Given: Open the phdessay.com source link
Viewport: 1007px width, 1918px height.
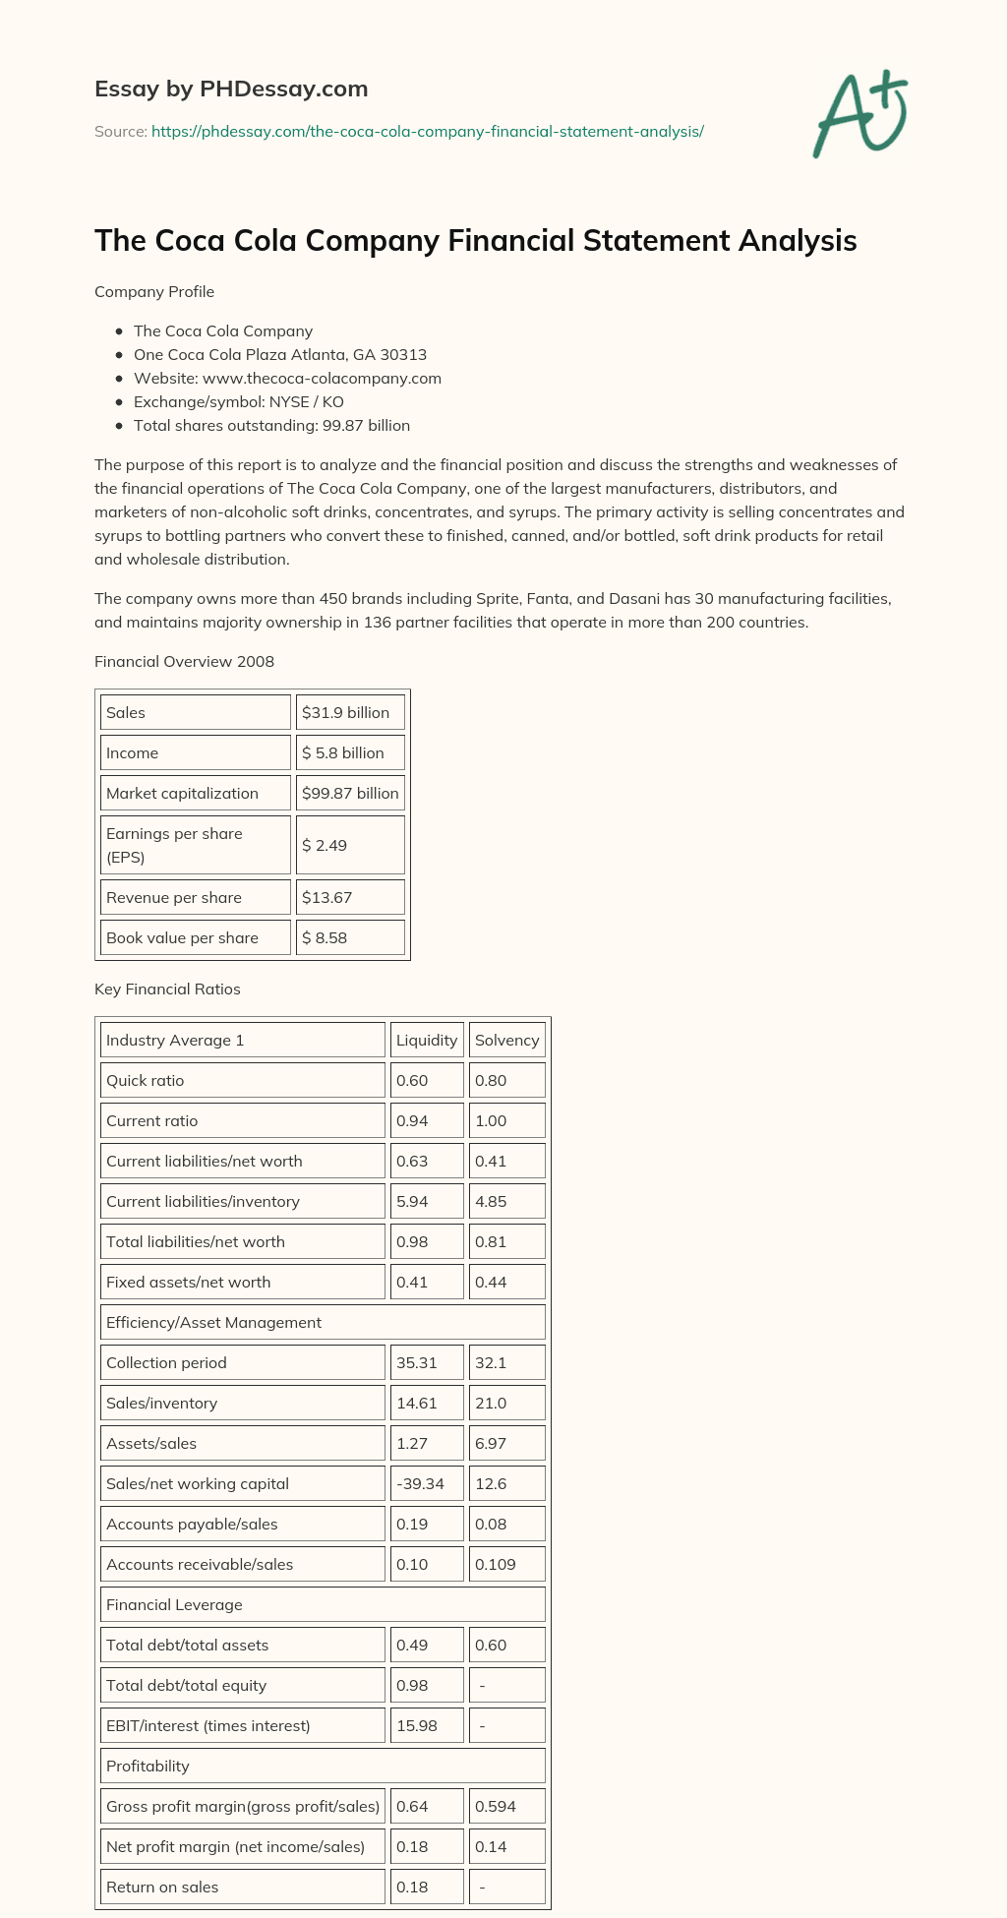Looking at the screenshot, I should point(427,131).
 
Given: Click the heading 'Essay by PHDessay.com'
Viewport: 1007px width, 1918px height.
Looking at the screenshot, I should point(231,89).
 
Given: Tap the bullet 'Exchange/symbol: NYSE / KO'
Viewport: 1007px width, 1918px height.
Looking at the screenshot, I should point(239,401).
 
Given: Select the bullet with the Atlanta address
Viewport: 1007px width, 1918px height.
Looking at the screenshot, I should point(280,354).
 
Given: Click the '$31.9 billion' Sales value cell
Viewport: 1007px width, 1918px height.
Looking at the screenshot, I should point(349,712).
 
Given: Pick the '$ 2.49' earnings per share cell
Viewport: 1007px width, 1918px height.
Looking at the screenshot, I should point(349,845).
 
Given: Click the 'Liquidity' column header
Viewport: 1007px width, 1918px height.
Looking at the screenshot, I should point(427,1040).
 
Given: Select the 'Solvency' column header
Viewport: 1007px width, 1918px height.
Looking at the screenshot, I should point(506,1040).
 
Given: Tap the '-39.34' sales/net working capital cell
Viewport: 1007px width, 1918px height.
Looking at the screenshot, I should point(427,1483).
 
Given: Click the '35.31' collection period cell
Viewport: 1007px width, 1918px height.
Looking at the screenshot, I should point(427,1362).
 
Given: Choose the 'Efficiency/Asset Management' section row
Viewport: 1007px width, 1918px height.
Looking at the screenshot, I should point(323,1322).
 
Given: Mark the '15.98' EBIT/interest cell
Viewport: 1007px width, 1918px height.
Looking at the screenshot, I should point(427,1725).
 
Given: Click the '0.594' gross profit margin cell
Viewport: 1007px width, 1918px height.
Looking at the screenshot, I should point(506,1806).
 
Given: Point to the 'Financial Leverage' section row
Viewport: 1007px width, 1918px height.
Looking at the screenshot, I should point(323,1604).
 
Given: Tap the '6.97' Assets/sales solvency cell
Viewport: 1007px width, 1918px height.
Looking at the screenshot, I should point(506,1443).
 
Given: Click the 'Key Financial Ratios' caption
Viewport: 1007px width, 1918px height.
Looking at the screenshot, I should point(167,989).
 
